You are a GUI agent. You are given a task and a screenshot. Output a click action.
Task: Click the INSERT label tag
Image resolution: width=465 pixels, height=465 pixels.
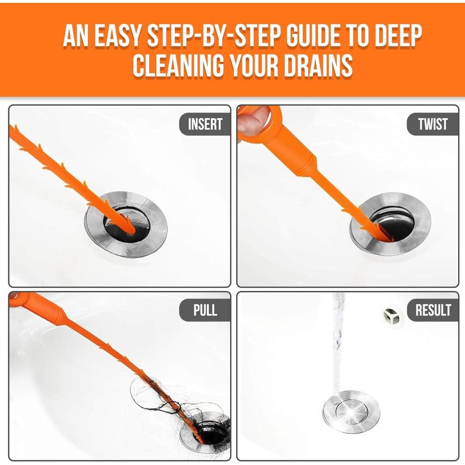pos(205,124)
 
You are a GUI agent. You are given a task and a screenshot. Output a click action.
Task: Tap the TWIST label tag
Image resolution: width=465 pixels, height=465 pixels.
pos(432,124)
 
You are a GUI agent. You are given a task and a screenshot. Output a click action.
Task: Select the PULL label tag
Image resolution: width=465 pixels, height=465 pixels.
pos(205,310)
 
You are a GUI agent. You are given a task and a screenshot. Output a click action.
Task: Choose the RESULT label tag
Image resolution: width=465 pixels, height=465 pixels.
pos(432,310)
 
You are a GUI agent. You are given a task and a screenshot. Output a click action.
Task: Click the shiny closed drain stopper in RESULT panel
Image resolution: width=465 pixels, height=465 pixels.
pos(351,412)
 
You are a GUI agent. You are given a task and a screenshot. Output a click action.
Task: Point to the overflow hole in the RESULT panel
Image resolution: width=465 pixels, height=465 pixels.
pos(392,316)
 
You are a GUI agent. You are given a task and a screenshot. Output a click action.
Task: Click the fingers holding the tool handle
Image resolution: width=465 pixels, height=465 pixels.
pos(251,120)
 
